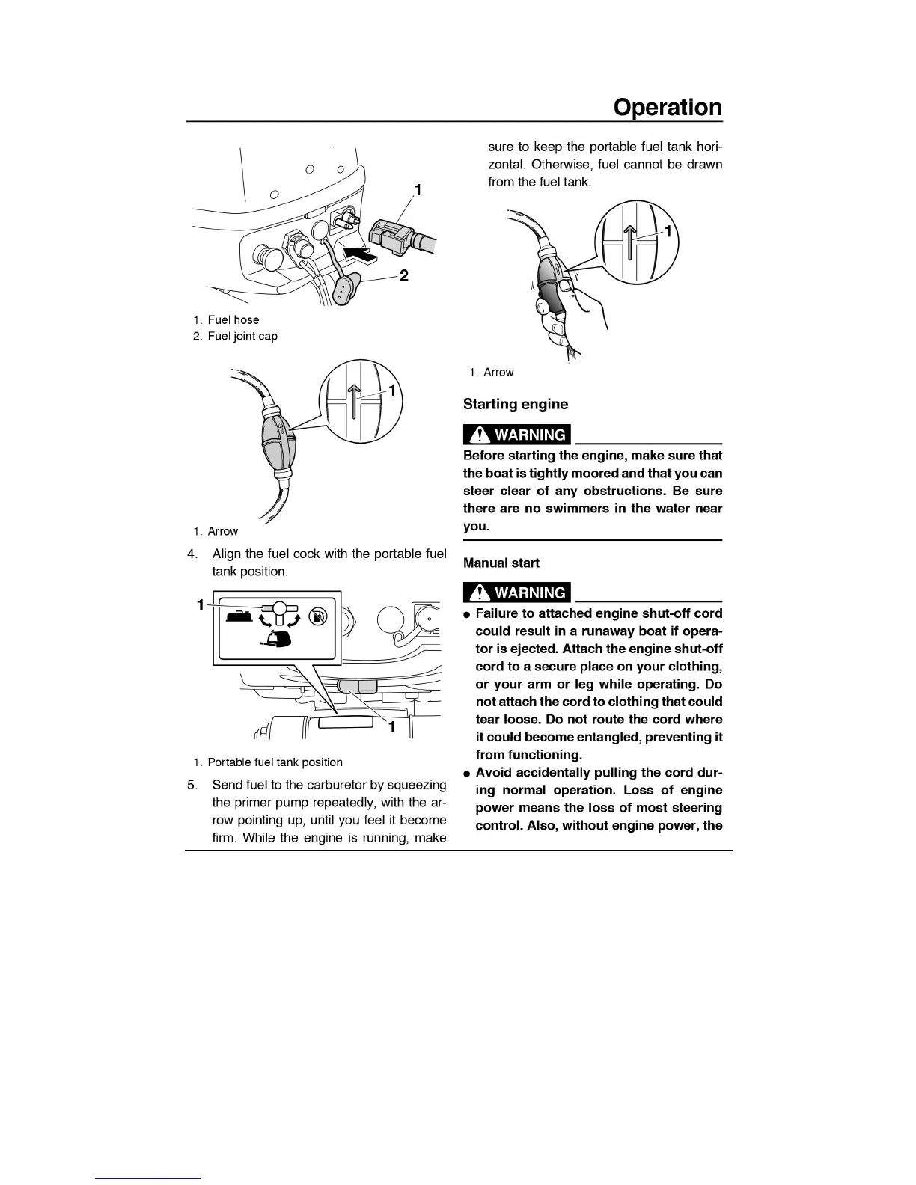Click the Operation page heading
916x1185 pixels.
tap(668, 107)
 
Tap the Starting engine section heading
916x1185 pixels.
tap(515, 405)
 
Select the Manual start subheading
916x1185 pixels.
tap(501, 563)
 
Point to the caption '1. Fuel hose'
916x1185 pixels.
tap(226, 319)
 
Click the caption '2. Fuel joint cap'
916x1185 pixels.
tap(235, 336)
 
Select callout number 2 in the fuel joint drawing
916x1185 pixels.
tap(403, 275)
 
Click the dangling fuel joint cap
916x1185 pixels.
tap(345, 290)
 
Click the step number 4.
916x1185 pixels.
tap(192, 554)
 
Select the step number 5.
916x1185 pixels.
tap(192, 785)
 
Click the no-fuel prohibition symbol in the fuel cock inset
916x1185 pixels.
tap(320, 616)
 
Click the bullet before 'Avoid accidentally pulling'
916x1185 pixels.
tap(466, 773)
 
